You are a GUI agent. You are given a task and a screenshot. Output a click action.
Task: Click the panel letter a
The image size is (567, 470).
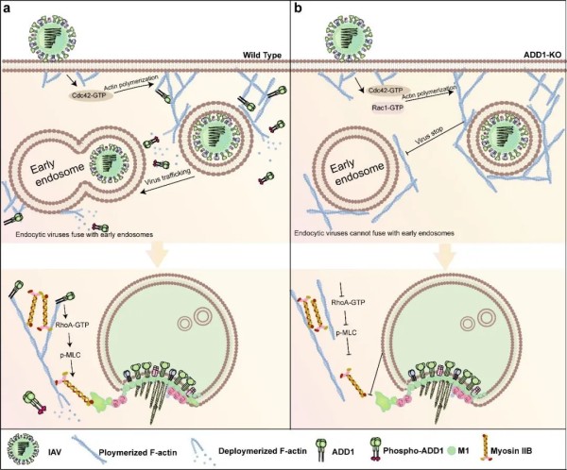coord(6,8)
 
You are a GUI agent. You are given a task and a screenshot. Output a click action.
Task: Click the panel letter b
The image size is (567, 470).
coord(298,8)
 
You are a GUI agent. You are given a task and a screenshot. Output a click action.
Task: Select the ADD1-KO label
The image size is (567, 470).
coord(546,56)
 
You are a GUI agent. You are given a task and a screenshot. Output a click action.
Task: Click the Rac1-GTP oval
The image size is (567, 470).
coord(387,108)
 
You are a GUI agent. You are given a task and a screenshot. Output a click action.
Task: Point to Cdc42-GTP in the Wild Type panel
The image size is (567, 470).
coord(91,94)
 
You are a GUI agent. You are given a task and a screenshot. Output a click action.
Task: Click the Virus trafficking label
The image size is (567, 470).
coord(167,177)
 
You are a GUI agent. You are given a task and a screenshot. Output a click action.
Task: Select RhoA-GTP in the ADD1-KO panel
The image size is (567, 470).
coord(348,302)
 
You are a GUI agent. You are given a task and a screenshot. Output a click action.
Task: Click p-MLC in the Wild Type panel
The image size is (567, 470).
coord(71,356)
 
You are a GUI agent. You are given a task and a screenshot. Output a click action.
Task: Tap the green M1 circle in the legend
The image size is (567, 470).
coord(450,450)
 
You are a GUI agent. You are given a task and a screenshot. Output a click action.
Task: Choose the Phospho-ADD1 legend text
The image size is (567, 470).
coord(413,451)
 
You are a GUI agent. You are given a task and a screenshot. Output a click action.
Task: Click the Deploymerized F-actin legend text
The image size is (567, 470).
coord(263,451)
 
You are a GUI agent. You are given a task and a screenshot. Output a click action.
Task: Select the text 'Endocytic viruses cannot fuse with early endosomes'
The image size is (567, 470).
coord(374,233)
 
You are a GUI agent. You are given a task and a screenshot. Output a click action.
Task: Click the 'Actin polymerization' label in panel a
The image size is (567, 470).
coord(129,84)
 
